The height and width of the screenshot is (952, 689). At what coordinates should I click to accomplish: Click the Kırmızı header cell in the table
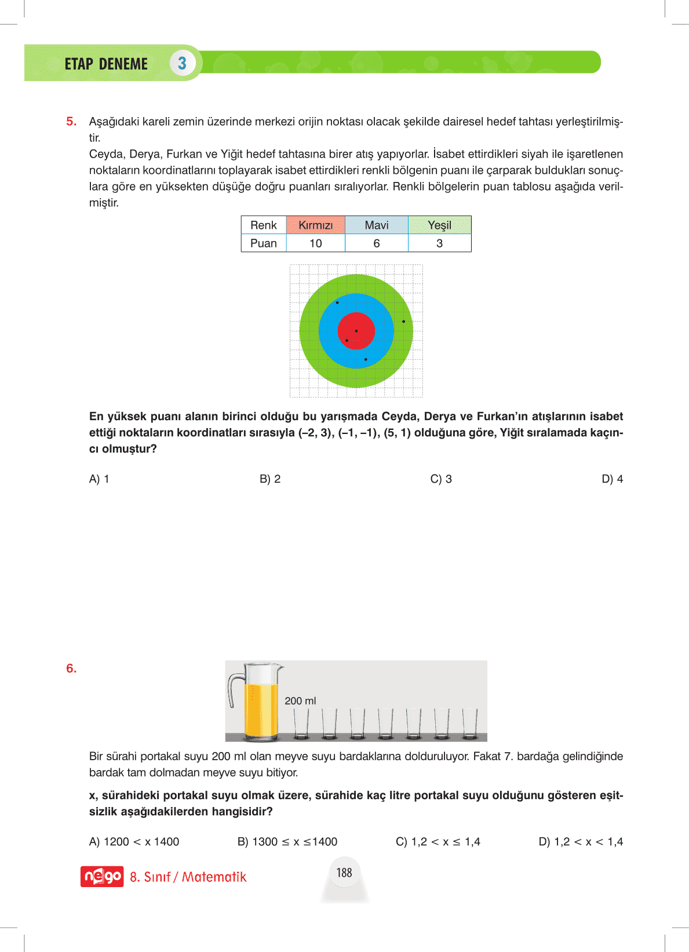[316, 225]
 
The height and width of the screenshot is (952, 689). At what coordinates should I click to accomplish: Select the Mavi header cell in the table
[377, 225]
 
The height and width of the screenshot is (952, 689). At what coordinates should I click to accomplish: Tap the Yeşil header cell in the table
[439, 225]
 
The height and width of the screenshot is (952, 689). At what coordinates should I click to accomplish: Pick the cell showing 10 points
[316, 243]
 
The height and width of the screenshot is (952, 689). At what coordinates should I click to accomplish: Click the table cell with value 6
[377, 243]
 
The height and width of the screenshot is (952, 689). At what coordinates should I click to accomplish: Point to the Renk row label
[264, 225]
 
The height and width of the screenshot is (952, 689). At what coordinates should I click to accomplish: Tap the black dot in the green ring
[403, 322]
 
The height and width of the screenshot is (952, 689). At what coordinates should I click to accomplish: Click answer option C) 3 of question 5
[441, 479]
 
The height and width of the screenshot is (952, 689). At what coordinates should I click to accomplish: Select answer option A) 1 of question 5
[99, 479]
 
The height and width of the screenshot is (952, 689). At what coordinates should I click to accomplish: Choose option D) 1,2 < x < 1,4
[581, 842]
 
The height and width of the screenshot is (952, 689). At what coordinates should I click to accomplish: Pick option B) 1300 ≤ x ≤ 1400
[287, 842]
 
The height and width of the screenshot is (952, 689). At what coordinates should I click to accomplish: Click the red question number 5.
[71, 122]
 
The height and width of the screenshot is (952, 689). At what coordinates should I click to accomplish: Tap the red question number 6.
[71, 669]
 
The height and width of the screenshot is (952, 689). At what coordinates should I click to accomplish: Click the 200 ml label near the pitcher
[300, 701]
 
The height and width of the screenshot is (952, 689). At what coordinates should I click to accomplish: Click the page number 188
[344, 873]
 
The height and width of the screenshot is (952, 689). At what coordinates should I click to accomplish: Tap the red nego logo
[102, 877]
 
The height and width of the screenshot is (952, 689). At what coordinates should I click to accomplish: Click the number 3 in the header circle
[183, 63]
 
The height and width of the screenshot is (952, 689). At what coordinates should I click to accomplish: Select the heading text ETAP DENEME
[106, 64]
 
